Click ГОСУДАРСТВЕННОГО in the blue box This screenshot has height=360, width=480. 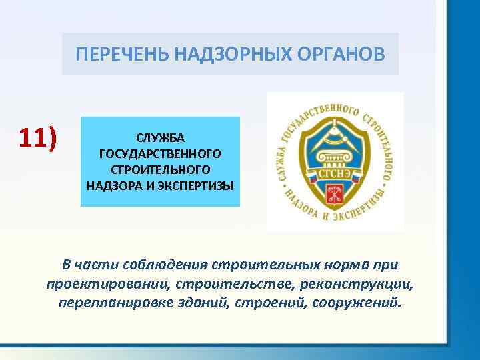coord(160,153)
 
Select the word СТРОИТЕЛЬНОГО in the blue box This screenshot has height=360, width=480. coord(160,169)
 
